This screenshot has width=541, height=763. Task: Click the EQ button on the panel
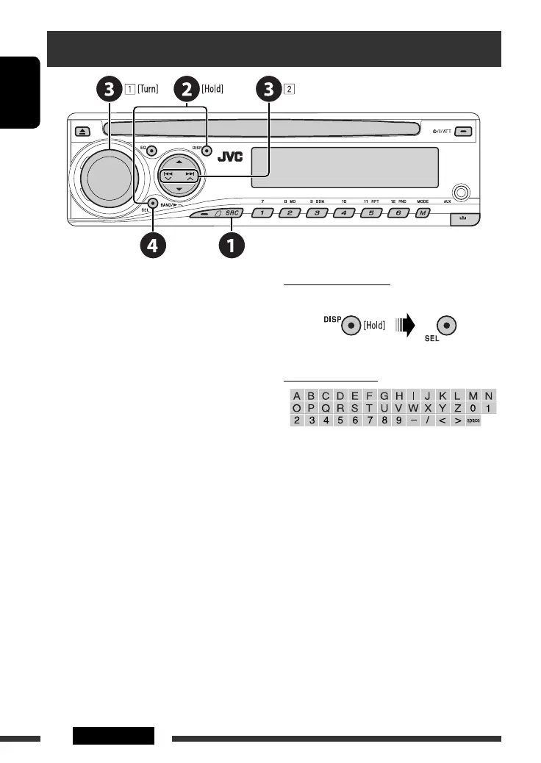[151, 152]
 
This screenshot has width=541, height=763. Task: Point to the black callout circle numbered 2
[186, 90]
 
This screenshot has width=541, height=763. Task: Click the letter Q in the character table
[325, 408]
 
